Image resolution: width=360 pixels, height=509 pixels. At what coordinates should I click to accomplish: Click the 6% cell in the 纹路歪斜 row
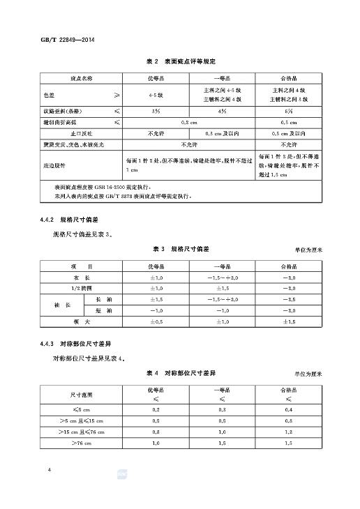[289, 112]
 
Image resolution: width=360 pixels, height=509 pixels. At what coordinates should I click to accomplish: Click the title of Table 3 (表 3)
[180, 249]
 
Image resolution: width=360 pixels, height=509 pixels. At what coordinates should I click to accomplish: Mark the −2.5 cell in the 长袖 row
[289, 299]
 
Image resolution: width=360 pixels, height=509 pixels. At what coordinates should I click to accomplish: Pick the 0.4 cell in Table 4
[289, 410]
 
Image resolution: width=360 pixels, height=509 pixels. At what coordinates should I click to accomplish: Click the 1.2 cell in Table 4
[289, 432]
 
